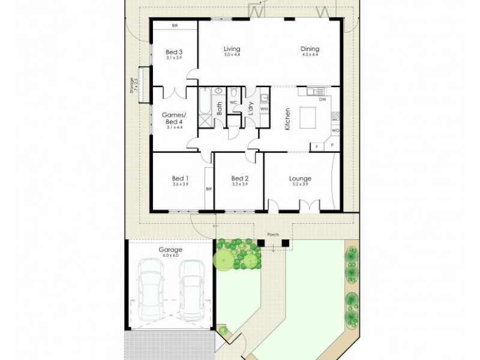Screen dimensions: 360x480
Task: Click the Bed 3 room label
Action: pyautogui.click(x=173, y=52)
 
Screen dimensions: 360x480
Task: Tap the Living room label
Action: pyautogui.click(x=232, y=49)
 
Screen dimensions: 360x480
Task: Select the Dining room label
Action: pyautogui.click(x=310, y=49)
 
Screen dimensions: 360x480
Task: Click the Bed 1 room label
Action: pyautogui.click(x=180, y=178)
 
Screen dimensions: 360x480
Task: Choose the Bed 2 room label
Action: pyautogui.click(x=239, y=178)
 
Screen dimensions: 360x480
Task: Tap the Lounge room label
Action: pyautogui.click(x=299, y=178)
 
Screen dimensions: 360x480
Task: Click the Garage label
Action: pyautogui.click(x=170, y=250)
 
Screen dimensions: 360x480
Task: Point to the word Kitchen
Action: pyautogui.click(x=288, y=119)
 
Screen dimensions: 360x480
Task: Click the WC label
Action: pyautogui.click(x=233, y=103)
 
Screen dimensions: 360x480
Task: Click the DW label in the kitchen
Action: pyautogui.click(x=323, y=100)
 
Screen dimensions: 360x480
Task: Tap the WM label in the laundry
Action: pyautogui.click(x=264, y=109)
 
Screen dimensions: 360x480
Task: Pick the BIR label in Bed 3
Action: pyautogui.click(x=175, y=26)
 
